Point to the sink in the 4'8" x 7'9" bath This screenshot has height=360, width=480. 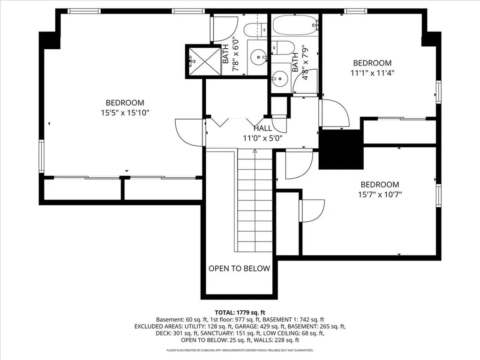point(280,78)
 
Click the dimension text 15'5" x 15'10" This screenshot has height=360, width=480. point(125,112)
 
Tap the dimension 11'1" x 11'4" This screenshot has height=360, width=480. point(372,73)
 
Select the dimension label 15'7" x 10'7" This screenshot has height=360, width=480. point(380,195)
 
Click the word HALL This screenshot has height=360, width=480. point(262,128)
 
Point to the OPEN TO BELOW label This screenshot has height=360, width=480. point(239,269)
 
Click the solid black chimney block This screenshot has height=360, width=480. point(341,149)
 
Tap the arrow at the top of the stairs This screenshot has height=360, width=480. point(255,151)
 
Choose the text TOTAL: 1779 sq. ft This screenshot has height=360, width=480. point(240,312)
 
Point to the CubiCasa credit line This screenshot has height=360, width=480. point(240,350)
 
